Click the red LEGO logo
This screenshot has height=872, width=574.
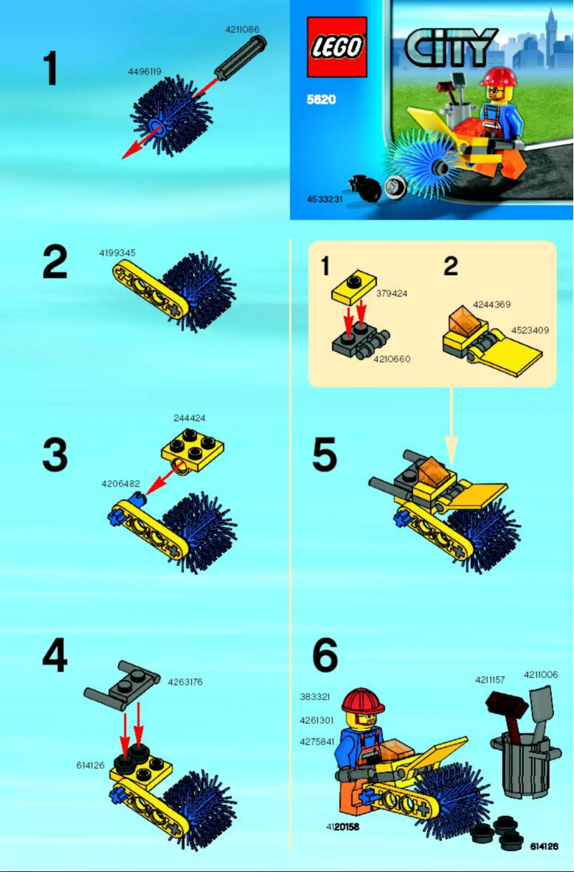click(x=336, y=47)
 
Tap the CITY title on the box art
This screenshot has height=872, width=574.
click(x=451, y=47)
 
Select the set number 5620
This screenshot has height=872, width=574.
click(x=321, y=100)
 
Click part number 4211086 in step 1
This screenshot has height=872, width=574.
click(x=242, y=29)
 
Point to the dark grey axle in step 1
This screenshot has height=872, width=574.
click(x=240, y=57)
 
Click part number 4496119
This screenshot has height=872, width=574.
click(x=144, y=72)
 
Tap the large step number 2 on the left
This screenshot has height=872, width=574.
click(x=55, y=263)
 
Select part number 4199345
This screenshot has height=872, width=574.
click(x=117, y=253)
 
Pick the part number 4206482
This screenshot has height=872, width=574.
click(x=120, y=483)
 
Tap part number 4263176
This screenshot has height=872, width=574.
click(x=185, y=682)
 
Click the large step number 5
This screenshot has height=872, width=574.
click(x=324, y=455)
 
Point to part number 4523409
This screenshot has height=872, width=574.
click(x=530, y=330)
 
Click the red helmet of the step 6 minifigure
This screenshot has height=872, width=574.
click(x=364, y=699)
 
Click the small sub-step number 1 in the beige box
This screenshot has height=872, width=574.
click(x=325, y=266)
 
